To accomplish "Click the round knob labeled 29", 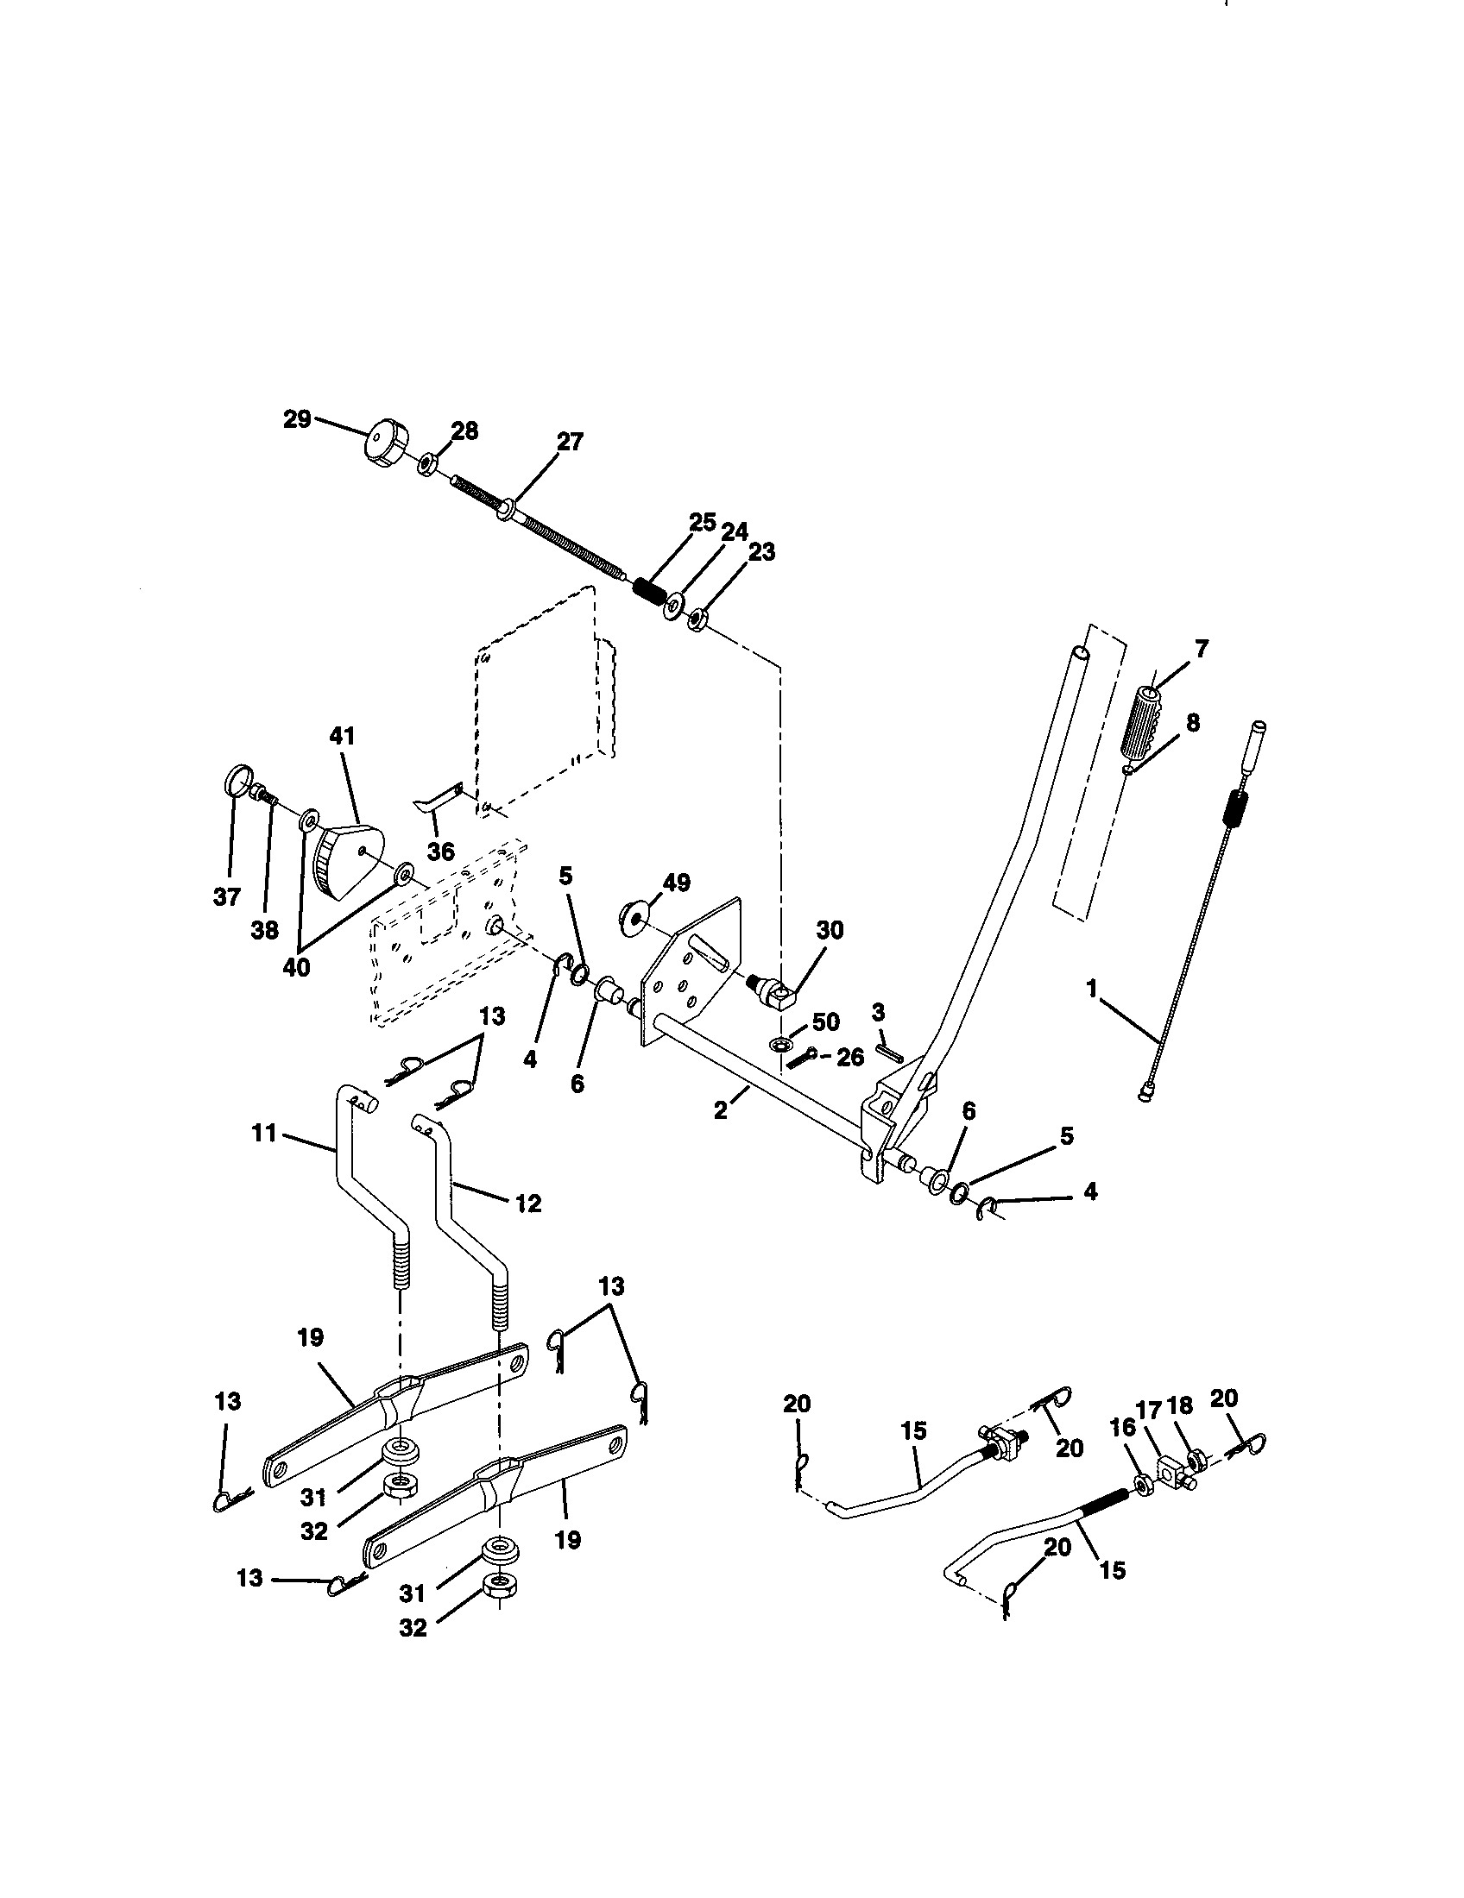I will [386, 444].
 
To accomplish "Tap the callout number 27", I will [570, 442].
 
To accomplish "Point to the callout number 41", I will [341, 736].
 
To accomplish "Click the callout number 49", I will [676, 883].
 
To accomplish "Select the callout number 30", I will [830, 930].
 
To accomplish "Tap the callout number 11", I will [264, 1134].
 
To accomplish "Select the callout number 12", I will [527, 1203].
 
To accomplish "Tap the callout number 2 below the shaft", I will [721, 1109].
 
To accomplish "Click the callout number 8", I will [1192, 722].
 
